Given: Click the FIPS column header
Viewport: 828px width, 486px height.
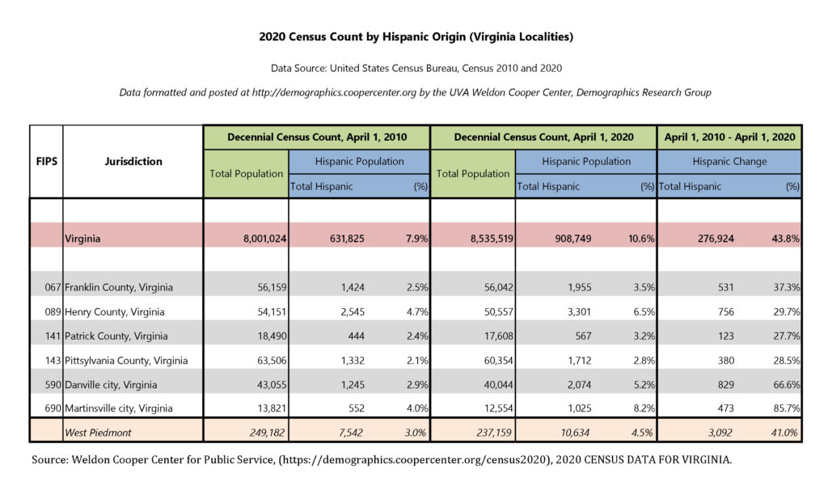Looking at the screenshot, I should [x=45, y=161].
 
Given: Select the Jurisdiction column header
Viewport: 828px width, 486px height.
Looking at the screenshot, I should [x=133, y=161].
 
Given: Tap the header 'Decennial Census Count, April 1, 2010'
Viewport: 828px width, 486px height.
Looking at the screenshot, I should [x=316, y=137].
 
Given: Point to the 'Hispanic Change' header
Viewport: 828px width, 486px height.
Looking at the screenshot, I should [x=729, y=162].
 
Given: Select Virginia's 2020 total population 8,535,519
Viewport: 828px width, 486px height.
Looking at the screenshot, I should [x=486, y=239].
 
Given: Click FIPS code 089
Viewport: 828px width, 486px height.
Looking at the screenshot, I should [x=51, y=311].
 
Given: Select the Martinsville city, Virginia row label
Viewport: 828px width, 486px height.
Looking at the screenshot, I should [x=119, y=408].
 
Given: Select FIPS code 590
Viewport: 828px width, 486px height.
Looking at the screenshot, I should [x=51, y=384].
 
